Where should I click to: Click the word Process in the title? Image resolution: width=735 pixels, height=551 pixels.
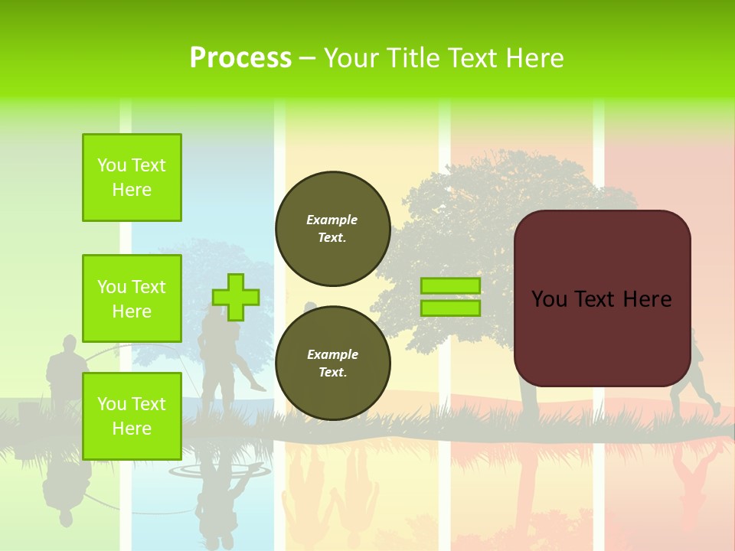pyautogui.click(x=240, y=58)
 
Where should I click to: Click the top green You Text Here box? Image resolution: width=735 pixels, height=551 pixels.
pyautogui.click(x=132, y=178)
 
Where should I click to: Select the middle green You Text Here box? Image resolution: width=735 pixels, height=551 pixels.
pyautogui.click(x=132, y=298)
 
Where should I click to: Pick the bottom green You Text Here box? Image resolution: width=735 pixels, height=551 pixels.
pyautogui.click(x=132, y=416)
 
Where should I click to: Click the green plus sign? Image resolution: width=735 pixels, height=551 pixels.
pyautogui.click(x=236, y=297)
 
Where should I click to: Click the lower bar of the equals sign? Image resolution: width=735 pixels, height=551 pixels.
pyautogui.click(x=450, y=308)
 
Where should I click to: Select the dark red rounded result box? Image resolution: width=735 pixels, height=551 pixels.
pyautogui.click(x=602, y=337)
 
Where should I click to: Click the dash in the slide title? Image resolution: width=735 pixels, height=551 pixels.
pyautogui.click(x=308, y=59)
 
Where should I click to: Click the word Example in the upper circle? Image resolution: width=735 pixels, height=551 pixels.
pyautogui.click(x=332, y=220)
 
